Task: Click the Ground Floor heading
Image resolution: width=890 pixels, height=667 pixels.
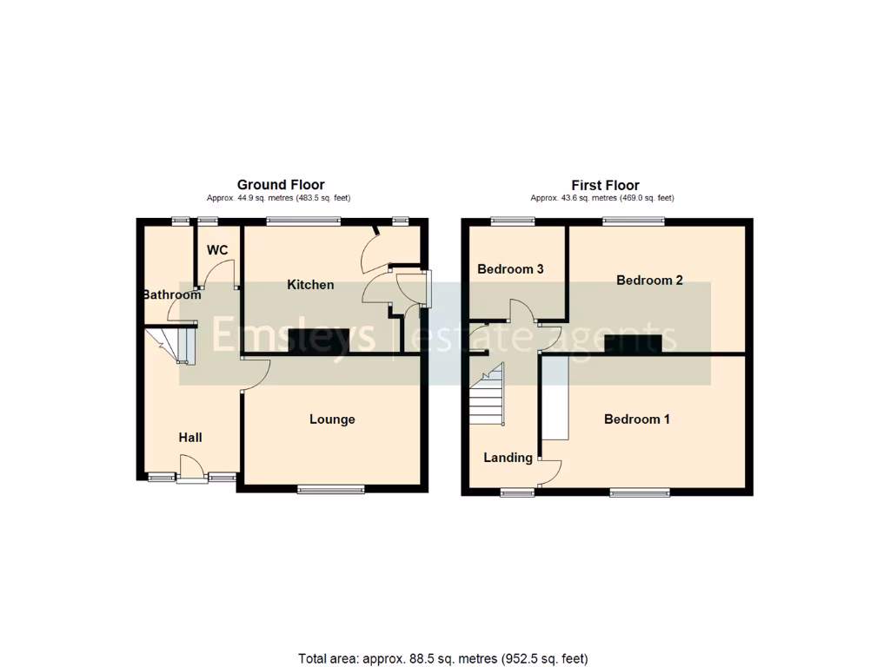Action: click(281, 185)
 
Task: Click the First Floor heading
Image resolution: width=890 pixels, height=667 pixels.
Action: click(605, 185)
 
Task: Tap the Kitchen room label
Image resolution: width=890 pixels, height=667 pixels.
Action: click(310, 285)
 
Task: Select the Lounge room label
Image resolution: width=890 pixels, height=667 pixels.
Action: click(332, 419)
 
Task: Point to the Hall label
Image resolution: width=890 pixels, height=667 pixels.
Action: click(190, 437)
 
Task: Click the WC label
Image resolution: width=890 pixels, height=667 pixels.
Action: click(217, 250)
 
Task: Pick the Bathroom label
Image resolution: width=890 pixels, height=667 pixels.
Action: click(172, 294)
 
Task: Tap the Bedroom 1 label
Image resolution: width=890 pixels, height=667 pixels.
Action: click(637, 419)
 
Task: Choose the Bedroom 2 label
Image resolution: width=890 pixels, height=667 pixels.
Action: click(649, 280)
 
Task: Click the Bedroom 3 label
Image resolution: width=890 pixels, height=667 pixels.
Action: click(510, 269)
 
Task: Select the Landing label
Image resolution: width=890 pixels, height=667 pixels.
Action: click(508, 458)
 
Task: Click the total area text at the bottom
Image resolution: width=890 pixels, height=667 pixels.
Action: click(448, 658)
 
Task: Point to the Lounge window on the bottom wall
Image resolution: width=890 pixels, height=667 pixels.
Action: click(331, 491)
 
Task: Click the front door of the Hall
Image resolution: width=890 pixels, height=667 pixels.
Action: click(190, 476)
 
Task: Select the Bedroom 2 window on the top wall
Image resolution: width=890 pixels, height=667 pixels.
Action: click(634, 221)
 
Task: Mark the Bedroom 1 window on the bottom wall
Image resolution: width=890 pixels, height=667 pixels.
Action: click(640, 493)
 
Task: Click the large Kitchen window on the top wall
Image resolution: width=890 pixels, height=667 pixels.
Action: click(303, 221)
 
